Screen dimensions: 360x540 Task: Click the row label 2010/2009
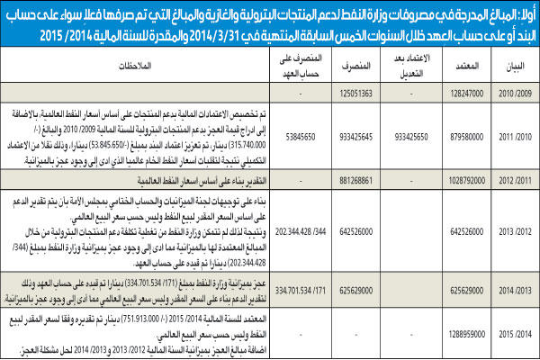coord(512,93)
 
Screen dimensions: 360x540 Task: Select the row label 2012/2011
coord(512,178)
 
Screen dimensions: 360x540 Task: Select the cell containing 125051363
coord(351,93)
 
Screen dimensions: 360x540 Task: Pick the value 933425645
coord(351,137)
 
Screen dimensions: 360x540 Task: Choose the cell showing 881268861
coord(351,178)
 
